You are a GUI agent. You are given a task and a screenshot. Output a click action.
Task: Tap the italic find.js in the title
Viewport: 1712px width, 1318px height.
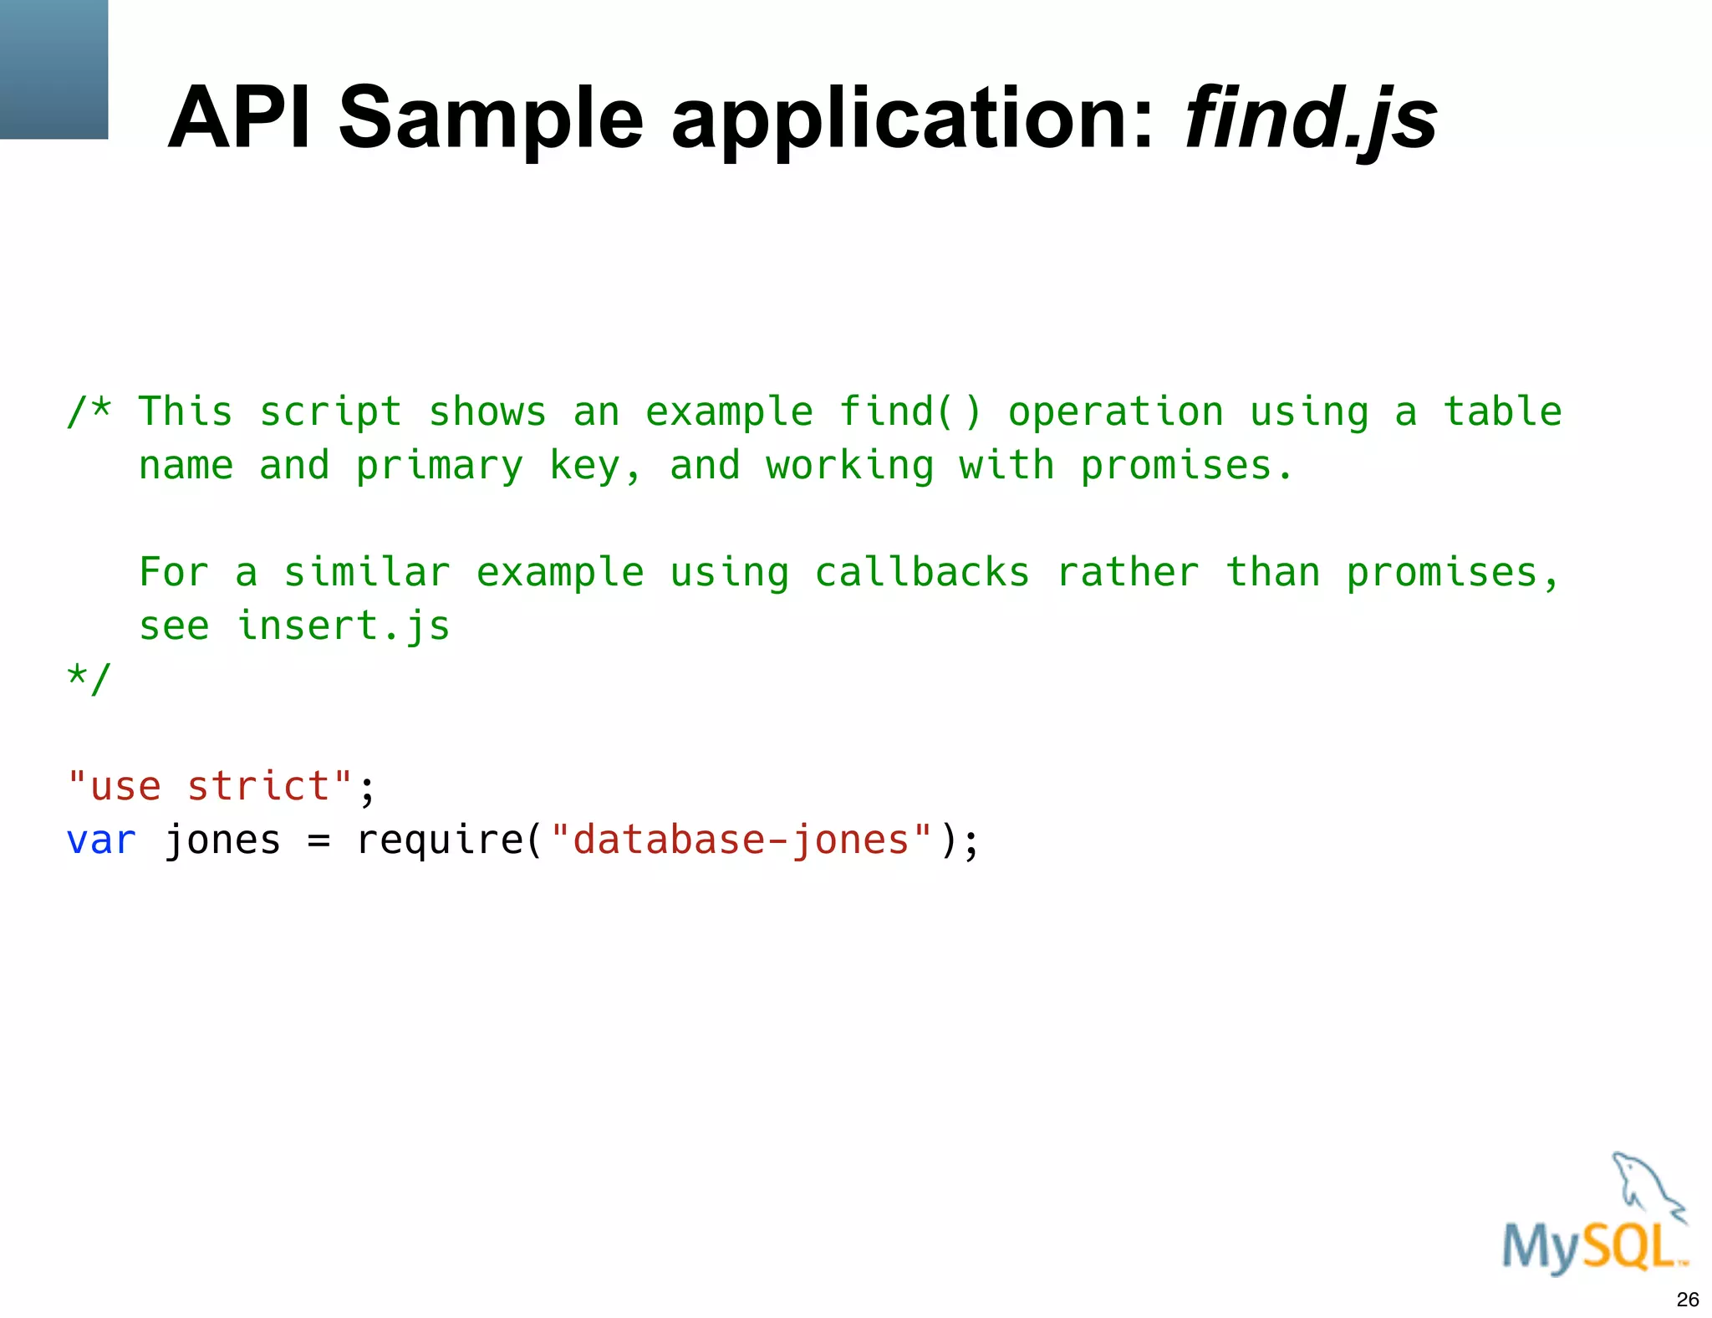coord(1311,120)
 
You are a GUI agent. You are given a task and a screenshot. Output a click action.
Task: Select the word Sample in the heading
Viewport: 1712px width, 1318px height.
coord(491,120)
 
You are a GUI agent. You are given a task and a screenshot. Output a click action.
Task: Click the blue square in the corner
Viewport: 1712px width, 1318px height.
coord(53,69)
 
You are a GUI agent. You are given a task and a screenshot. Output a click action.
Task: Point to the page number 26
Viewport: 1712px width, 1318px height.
coord(1687,1300)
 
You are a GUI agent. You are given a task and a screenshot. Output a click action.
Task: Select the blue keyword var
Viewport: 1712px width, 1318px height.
coord(100,840)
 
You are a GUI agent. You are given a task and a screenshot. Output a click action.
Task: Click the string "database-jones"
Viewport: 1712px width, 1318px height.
coord(741,840)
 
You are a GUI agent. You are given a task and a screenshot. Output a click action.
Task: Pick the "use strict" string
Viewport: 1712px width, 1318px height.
coord(210,786)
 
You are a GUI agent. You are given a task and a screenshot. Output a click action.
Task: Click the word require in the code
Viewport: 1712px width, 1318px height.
coord(440,840)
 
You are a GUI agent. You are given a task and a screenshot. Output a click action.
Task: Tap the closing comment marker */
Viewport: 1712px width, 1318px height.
coord(89,678)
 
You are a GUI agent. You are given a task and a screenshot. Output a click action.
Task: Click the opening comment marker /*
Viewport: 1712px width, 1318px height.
coord(89,411)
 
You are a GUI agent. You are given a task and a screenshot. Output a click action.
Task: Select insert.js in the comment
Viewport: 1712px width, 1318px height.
coord(344,626)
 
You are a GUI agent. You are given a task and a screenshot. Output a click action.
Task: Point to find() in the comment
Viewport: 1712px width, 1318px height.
coord(909,411)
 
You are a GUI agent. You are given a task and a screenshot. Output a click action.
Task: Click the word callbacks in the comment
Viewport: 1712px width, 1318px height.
coord(921,573)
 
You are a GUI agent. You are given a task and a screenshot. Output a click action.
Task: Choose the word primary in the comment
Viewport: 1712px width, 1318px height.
coord(440,466)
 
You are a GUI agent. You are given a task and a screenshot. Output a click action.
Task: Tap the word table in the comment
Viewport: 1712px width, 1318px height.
coord(1502,411)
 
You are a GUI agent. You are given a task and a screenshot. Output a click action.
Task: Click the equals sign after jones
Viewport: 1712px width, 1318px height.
coord(318,840)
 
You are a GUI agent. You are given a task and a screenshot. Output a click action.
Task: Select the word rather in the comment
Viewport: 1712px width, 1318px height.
coord(1128,573)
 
